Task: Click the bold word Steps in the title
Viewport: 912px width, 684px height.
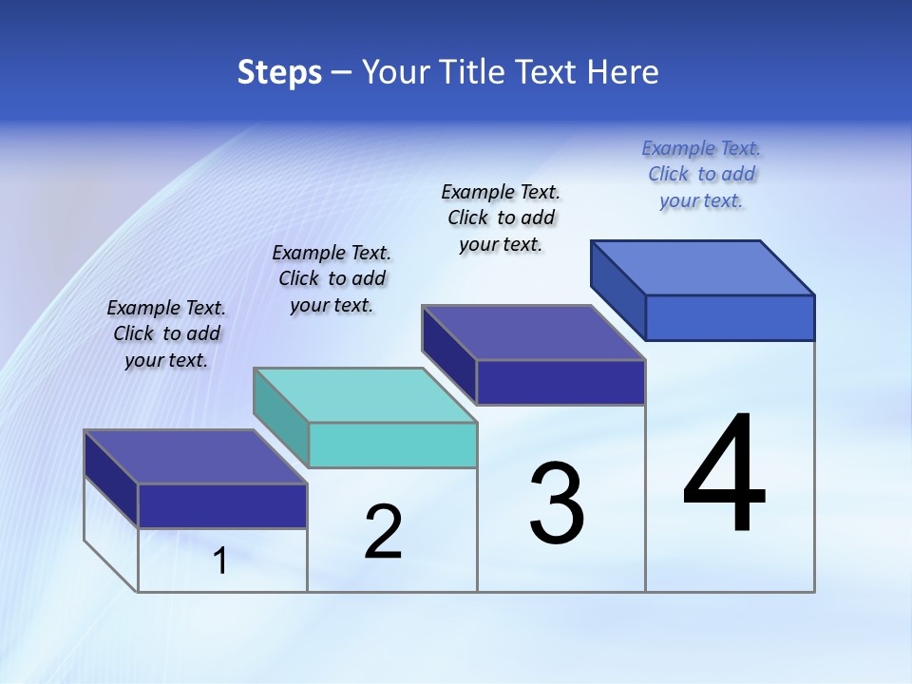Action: coord(279,72)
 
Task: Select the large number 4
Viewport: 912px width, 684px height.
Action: coord(725,475)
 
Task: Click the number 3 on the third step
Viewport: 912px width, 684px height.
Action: coord(557,503)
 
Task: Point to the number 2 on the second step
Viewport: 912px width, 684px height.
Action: coord(383,532)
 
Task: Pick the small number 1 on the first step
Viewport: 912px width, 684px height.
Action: coord(220,561)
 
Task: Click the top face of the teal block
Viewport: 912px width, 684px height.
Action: coord(365,395)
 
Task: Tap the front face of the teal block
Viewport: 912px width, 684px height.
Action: coord(392,445)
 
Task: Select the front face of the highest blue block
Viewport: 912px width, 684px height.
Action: coord(730,317)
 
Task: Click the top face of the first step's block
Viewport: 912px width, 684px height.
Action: coord(196,457)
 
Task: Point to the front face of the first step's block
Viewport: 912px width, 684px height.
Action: coord(222,505)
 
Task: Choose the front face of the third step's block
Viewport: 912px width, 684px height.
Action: coord(560,382)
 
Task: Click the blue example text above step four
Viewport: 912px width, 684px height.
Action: coord(701,174)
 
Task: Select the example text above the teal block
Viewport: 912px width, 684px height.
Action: coord(332,278)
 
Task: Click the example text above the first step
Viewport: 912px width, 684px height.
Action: coord(166,333)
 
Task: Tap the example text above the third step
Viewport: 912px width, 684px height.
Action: coord(501,218)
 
